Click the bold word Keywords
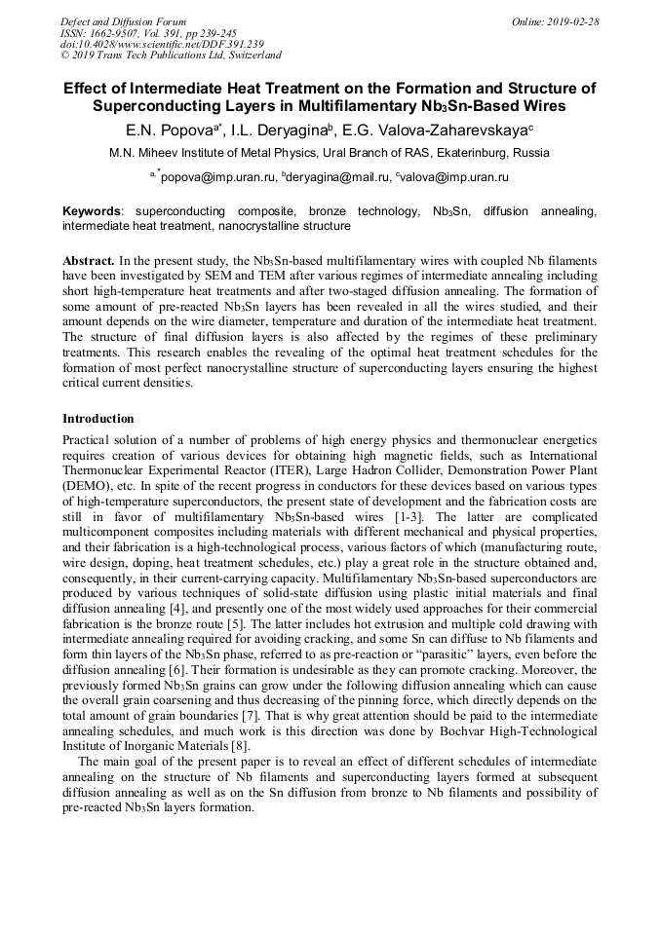click(x=93, y=210)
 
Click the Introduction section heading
click(x=98, y=419)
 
